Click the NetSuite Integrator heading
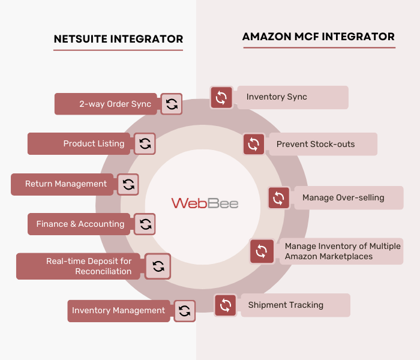click(x=118, y=39)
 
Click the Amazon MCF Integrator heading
click(x=318, y=37)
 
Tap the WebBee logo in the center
click(x=205, y=203)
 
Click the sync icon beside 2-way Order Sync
click(x=172, y=104)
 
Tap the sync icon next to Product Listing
click(x=145, y=143)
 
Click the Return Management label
click(x=66, y=184)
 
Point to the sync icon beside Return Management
click(x=128, y=184)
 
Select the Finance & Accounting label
click(x=80, y=224)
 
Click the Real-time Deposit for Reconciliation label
click(x=89, y=266)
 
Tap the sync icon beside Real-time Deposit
click(x=158, y=266)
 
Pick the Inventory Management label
click(x=118, y=310)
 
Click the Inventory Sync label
click(x=277, y=97)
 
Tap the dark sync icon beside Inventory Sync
click(x=221, y=97)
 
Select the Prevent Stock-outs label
click(x=316, y=144)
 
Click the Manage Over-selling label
click(x=343, y=197)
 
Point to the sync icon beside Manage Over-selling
click(x=278, y=198)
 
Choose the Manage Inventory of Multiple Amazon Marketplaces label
click(x=343, y=251)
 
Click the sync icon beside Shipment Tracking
click(x=226, y=305)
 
